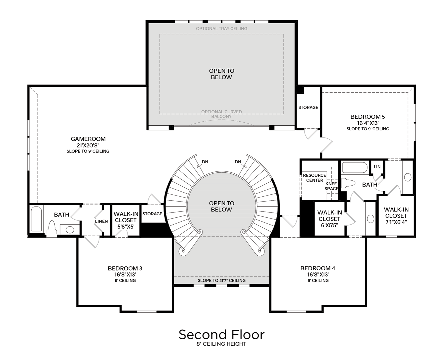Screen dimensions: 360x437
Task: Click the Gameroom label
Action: (88, 139)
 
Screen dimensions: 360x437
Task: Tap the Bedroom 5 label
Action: (367, 117)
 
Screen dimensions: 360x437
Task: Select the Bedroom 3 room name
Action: (125, 268)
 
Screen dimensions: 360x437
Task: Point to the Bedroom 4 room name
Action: (317, 268)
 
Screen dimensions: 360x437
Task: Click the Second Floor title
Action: (221, 334)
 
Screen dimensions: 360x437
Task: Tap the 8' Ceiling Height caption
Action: (221, 344)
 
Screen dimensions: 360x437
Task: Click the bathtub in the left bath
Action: (36, 219)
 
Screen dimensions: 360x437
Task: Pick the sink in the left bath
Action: (70, 229)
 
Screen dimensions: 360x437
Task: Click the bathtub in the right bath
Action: (354, 167)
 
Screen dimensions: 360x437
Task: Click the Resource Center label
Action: (314, 178)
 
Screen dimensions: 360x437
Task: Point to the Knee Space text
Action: (331, 186)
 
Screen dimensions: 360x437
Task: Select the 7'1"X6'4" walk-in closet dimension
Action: (396, 222)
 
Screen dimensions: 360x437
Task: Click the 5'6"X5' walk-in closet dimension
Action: (125, 227)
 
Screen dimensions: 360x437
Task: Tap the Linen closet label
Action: (101, 221)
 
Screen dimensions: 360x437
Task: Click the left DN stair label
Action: (205, 162)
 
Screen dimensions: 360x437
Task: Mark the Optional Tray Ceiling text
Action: (221, 29)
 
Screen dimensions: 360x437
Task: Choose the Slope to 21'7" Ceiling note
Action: (221, 281)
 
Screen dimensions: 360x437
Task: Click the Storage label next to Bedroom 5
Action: (308, 107)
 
